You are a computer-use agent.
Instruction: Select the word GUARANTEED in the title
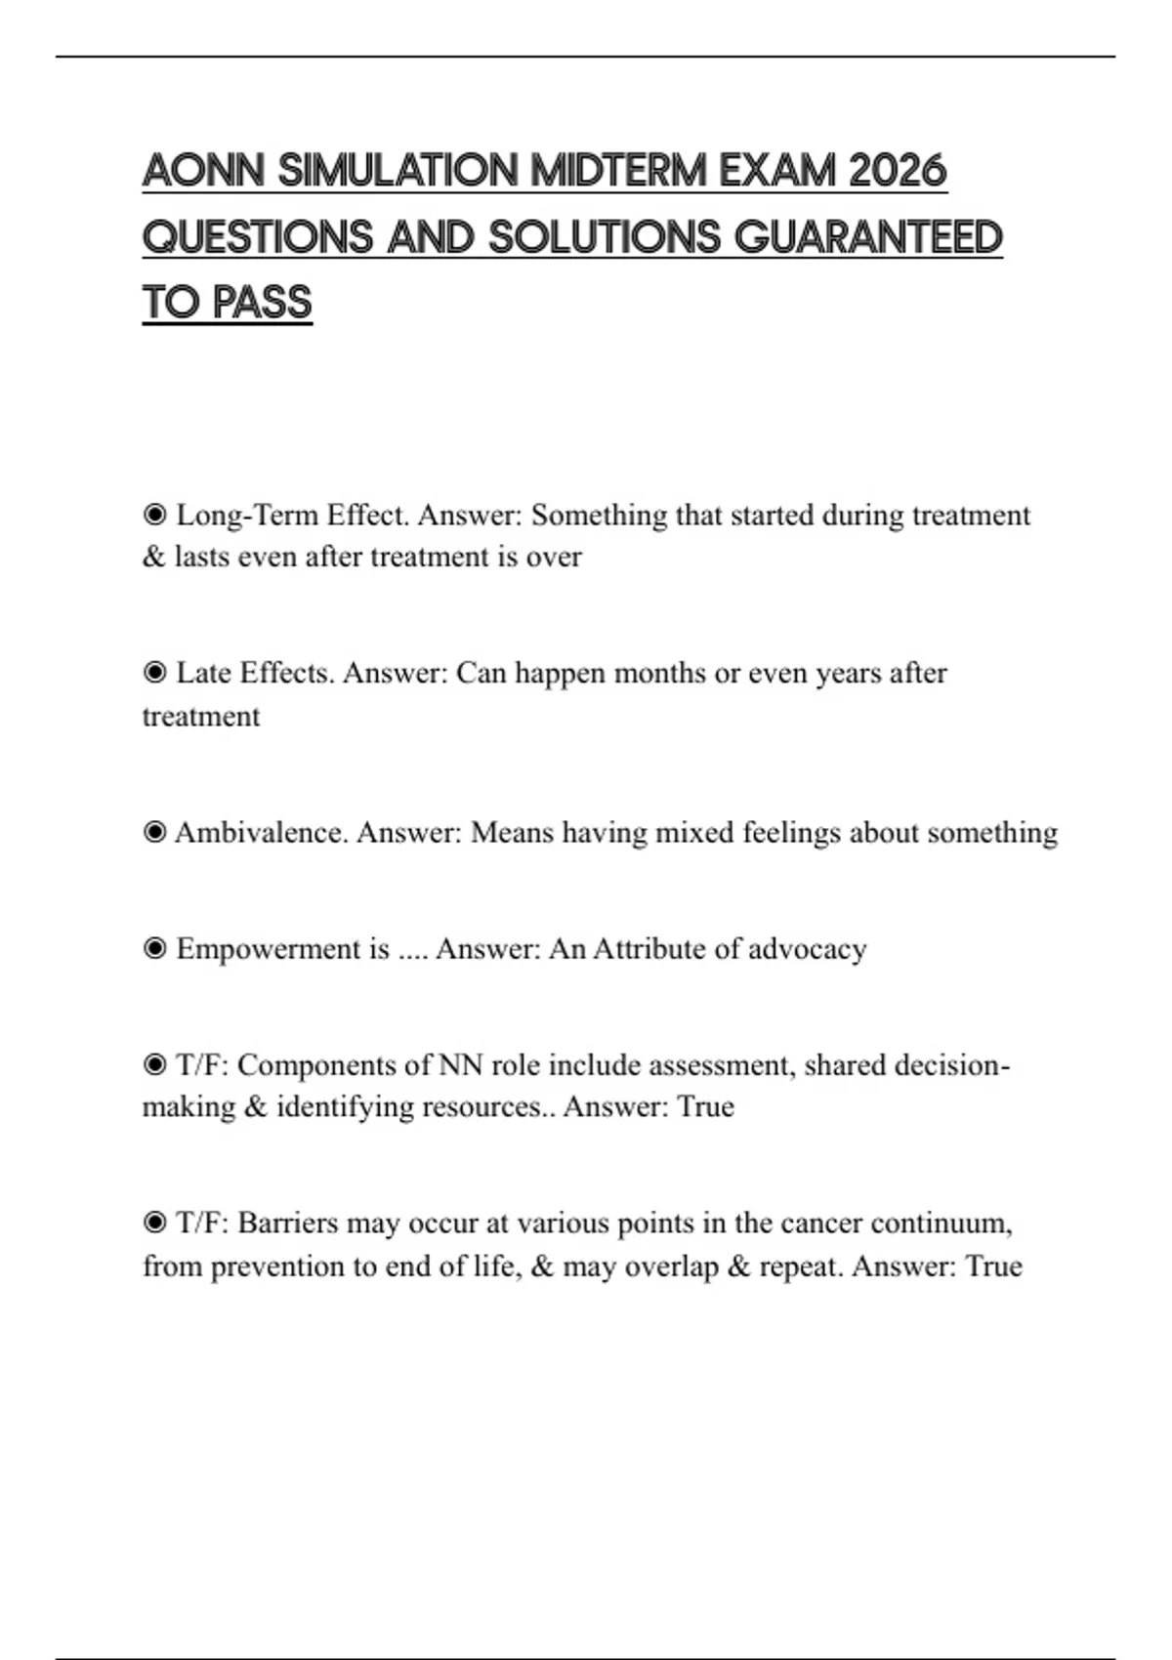pos(868,237)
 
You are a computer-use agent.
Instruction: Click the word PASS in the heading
pos(262,303)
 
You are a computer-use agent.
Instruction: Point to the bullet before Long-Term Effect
pos(154,515)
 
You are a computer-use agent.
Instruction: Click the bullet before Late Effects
pos(154,673)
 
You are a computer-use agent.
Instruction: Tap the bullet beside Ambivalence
pos(154,832)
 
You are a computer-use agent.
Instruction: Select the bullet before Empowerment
pos(154,948)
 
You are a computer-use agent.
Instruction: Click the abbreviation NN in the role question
pos(460,1064)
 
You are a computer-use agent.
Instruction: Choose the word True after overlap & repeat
pos(993,1266)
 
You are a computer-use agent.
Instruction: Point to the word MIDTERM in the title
pos(619,172)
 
